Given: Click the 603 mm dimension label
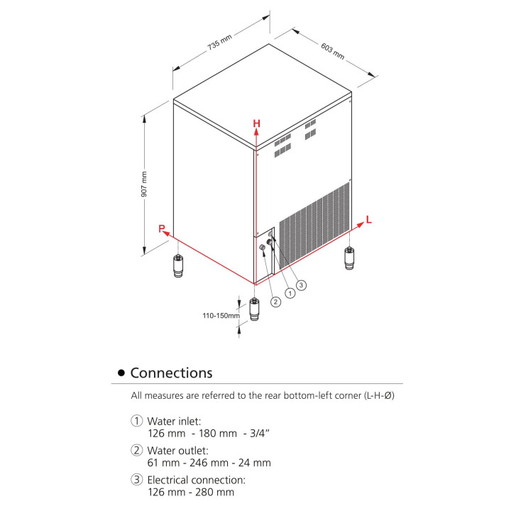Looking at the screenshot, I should click(x=332, y=51).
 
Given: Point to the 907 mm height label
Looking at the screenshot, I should click(x=144, y=185).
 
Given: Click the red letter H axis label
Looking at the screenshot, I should click(x=257, y=123).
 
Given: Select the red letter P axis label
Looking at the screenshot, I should click(x=162, y=229).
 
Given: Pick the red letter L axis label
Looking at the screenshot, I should click(x=368, y=220).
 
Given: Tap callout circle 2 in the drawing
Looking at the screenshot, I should click(x=276, y=301).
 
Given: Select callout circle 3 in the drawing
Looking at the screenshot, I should click(x=301, y=285).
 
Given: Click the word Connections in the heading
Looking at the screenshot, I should click(x=171, y=373).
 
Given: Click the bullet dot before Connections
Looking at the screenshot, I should click(x=121, y=373).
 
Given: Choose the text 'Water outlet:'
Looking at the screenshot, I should click(x=178, y=451).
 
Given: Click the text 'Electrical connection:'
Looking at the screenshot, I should click(x=197, y=480).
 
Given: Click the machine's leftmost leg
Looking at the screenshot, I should click(x=177, y=267).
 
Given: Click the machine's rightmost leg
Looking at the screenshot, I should click(x=349, y=258).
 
